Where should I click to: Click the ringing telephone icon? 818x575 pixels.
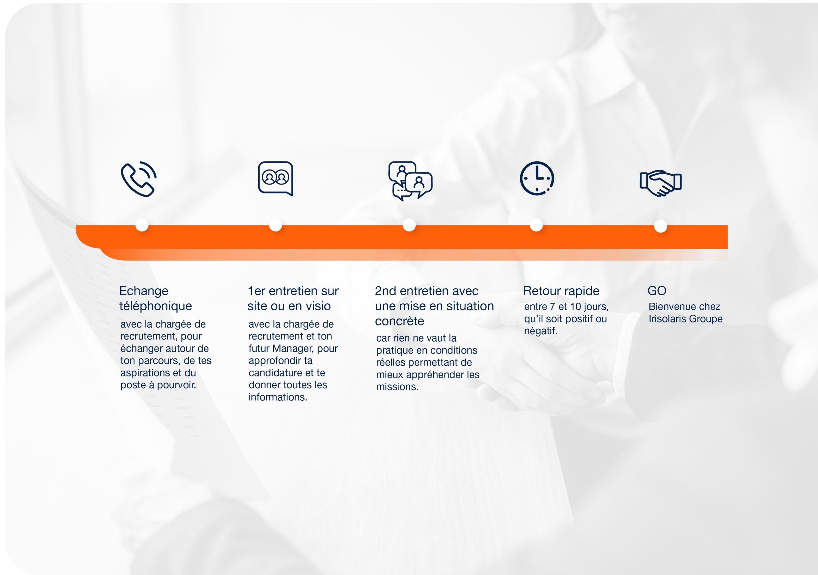[x=138, y=179]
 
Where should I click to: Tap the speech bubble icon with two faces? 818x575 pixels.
[x=275, y=178]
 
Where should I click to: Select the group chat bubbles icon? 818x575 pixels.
[x=410, y=181]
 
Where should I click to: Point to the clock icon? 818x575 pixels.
[x=537, y=178]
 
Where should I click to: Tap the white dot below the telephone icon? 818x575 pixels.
[x=142, y=225]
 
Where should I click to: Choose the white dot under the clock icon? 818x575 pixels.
[x=536, y=225]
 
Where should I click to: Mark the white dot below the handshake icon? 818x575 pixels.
[x=660, y=226]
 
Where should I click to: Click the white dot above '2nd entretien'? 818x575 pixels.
[x=409, y=225]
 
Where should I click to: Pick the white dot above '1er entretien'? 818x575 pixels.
[x=275, y=225]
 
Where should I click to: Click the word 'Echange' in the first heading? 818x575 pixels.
[x=143, y=291]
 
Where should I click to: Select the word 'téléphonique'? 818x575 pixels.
[x=155, y=306]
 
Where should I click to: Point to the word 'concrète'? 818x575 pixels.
[x=399, y=321]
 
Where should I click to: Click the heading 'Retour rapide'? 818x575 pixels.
[x=561, y=291]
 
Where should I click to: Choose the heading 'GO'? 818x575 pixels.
[x=657, y=291]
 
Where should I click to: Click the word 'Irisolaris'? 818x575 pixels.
[x=667, y=319]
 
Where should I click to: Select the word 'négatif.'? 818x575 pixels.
[x=540, y=331]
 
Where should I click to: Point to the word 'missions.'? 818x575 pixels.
[x=397, y=387]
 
